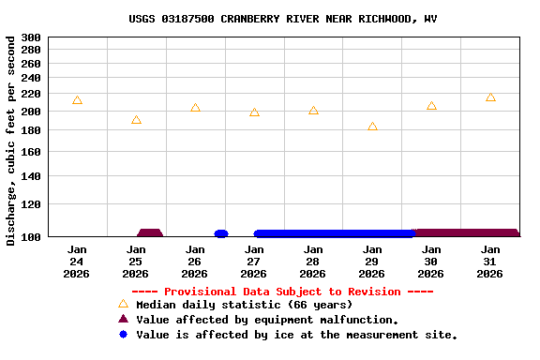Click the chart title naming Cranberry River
tap(282, 19)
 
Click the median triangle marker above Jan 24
tap(77, 100)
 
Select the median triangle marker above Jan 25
tap(136, 120)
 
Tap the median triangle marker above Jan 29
tap(372, 127)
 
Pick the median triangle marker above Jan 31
tap(490, 97)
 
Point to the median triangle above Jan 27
tap(254, 112)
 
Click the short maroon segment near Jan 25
tap(150, 233)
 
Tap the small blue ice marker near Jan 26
tap(221, 233)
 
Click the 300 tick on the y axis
tap(31, 37)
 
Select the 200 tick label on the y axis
tap(31, 112)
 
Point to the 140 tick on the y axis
tap(31, 176)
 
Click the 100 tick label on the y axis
tap(31, 237)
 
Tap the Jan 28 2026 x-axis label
tap(313, 262)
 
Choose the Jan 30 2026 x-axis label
tap(431, 262)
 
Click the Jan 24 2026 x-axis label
tap(77, 262)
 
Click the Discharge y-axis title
tap(10, 141)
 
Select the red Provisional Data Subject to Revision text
tap(282, 292)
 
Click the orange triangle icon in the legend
tap(122, 304)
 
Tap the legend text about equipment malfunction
tap(267, 320)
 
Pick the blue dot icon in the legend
tap(122, 335)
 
